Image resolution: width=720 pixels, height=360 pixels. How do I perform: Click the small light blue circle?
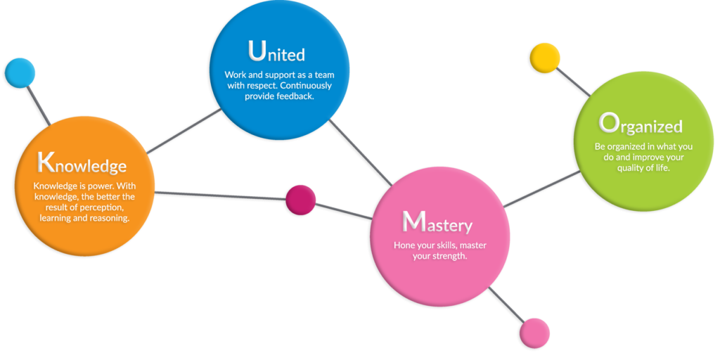coord(20,73)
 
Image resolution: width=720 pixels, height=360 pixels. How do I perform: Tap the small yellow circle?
coord(544,58)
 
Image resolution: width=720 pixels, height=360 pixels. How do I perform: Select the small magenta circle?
coord(301,200)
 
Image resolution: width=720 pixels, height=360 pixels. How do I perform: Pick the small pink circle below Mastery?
coord(534,333)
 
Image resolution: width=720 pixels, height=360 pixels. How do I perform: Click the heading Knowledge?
coord(82,164)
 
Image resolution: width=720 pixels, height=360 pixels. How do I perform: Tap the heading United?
coord(276,53)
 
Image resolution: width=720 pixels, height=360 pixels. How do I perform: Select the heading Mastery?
coord(437,224)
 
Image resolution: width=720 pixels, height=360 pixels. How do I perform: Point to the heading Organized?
coord(641,125)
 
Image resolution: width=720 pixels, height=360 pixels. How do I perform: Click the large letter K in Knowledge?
coord(46,162)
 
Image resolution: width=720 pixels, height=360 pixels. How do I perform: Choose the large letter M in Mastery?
coord(413,222)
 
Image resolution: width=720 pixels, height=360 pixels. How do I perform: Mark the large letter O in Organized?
coord(608,124)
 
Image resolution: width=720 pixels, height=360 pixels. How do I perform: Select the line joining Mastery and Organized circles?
coord(541,189)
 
